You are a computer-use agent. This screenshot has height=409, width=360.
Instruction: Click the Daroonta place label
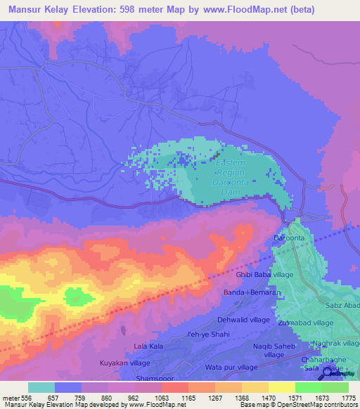[x=289, y=239]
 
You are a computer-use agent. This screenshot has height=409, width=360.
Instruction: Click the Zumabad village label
[x=305, y=322]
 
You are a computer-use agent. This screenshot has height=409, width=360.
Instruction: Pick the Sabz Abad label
[x=342, y=307]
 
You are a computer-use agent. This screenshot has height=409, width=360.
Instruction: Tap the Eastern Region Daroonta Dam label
[x=230, y=172]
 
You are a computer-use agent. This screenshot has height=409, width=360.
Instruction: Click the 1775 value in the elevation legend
[x=349, y=398]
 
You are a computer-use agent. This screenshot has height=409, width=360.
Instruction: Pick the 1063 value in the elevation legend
[x=162, y=398]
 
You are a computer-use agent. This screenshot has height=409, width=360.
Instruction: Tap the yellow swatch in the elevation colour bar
[x=282, y=387]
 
